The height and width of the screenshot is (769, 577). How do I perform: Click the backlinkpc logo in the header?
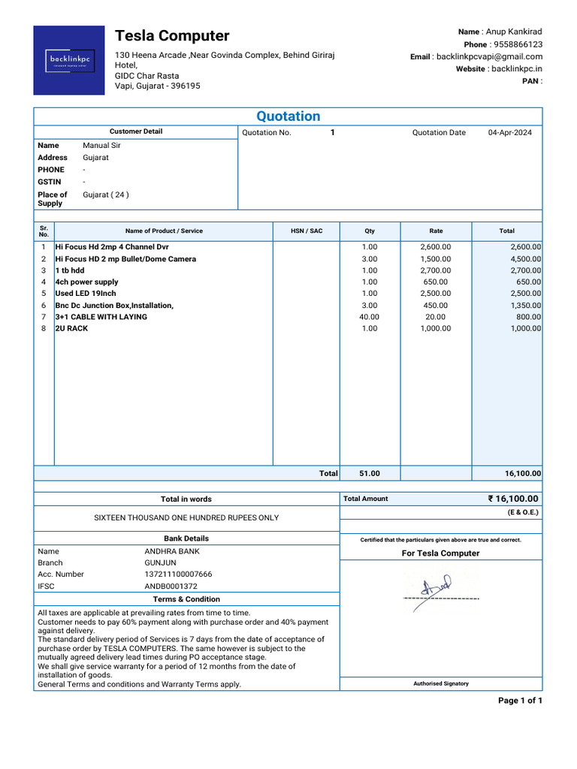(x=69, y=60)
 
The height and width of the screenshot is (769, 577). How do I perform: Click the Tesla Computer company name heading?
(x=172, y=36)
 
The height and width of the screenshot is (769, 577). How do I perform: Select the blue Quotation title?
(x=288, y=116)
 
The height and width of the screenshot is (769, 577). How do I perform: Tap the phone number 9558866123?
(x=517, y=44)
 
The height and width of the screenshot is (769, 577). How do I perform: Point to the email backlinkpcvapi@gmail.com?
(x=489, y=57)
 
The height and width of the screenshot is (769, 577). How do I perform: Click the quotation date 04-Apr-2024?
(x=509, y=133)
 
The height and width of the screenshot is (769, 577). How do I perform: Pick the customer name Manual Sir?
(x=101, y=146)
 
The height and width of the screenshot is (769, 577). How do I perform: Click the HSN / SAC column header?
(x=307, y=231)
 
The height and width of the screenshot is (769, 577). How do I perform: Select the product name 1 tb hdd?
(x=70, y=270)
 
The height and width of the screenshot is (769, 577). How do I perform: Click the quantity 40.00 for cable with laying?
(x=370, y=317)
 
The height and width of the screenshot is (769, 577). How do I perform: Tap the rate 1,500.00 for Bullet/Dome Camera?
(x=436, y=259)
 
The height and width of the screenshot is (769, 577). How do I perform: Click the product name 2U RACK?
(x=72, y=329)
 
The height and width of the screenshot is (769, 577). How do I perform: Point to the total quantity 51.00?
(x=370, y=474)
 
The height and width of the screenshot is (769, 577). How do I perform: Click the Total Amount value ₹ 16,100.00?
(x=513, y=499)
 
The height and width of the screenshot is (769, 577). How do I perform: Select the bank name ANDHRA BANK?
(x=172, y=551)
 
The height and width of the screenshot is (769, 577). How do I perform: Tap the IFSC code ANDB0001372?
(x=171, y=587)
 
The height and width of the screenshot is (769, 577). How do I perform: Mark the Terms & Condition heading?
(x=186, y=599)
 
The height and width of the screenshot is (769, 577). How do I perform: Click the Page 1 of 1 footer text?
(x=520, y=701)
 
